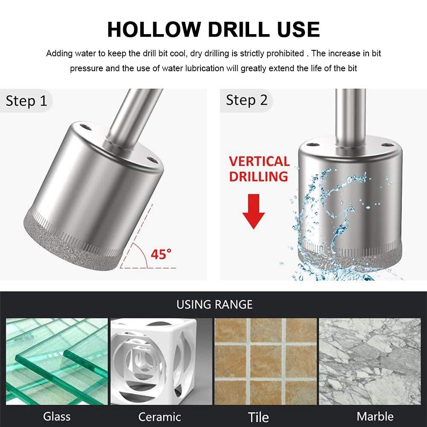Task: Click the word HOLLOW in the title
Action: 154,29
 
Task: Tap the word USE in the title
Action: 298,29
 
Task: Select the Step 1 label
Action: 26,101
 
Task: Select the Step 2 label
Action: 247,100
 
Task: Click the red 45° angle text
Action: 161,254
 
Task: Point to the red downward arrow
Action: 253,211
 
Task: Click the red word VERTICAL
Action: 259,161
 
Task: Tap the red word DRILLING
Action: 259,177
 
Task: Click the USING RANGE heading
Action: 215,305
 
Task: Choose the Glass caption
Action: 57,416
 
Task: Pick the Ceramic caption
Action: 160,417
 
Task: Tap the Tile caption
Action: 259,417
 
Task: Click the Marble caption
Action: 375,416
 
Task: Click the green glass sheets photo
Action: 57,361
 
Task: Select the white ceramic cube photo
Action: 161,361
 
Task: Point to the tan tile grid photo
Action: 266,361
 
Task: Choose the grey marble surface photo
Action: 370,361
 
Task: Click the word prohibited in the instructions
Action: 285,53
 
